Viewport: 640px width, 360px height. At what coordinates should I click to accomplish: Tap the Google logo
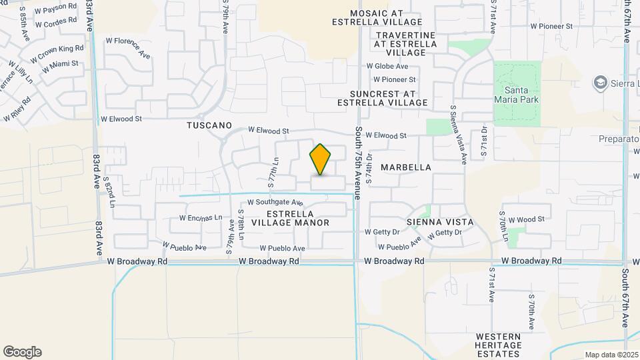[x=22, y=352]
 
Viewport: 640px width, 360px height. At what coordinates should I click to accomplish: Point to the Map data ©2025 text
[x=611, y=355]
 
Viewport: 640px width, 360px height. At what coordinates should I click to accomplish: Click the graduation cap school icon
[x=600, y=82]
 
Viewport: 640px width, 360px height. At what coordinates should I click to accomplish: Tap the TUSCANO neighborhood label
[x=209, y=125]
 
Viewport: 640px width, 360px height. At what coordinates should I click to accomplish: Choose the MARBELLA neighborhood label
[x=406, y=167]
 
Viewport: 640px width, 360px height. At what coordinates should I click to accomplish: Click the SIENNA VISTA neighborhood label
[x=440, y=221]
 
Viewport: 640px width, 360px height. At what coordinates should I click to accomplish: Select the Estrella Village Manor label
[x=298, y=218]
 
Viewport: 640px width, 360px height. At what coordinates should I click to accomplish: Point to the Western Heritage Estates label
[x=499, y=345]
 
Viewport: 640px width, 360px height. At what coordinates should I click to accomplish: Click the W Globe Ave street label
[x=387, y=67]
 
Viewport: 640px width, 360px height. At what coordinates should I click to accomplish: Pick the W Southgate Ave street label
[x=275, y=202]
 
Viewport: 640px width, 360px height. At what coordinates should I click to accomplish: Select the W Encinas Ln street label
[x=200, y=218]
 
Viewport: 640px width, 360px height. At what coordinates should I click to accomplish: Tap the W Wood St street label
[x=526, y=219]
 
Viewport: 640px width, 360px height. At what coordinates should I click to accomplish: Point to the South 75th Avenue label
[x=359, y=163]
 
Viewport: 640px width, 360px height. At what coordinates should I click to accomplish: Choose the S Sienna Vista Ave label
[x=458, y=134]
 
